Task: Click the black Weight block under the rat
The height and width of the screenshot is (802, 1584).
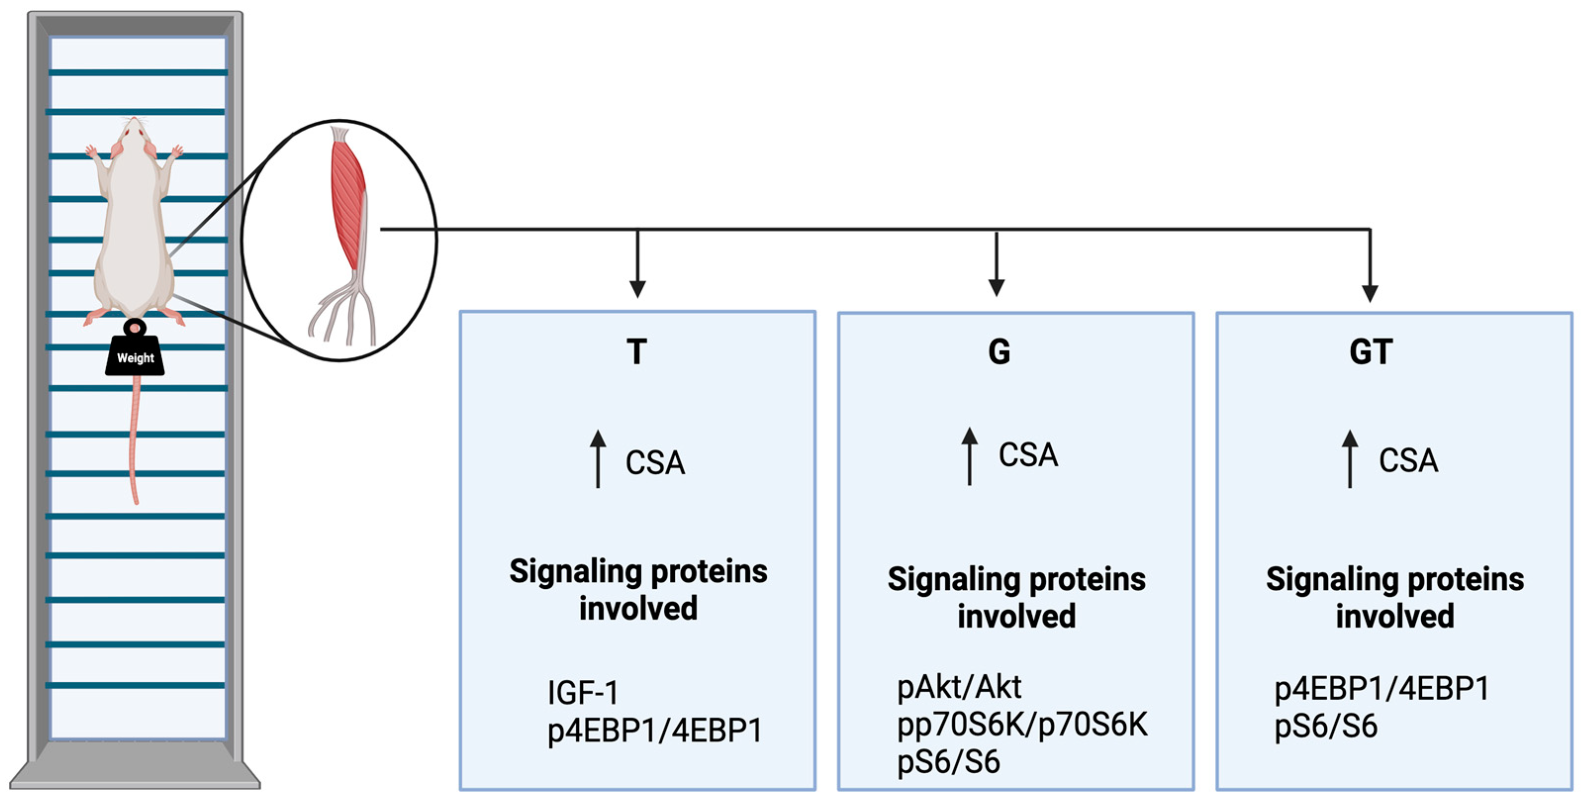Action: tap(135, 357)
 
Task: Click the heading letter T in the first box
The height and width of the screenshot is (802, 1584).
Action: tap(637, 352)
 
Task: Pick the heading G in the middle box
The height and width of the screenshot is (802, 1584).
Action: tap(999, 352)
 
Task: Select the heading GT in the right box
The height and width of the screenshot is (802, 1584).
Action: tap(1371, 352)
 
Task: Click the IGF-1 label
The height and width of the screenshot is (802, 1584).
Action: tap(583, 693)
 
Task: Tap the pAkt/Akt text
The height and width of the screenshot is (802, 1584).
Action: tap(959, 687)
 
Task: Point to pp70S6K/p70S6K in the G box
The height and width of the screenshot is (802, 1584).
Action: tap(1022, 724)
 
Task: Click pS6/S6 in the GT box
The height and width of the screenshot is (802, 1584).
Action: tap(1325, 726)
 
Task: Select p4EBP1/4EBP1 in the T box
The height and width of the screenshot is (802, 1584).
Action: tap(655, 731)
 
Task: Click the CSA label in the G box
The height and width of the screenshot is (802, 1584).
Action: tap(1028, 455)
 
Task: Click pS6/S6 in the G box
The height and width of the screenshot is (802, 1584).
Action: tap(948, 762)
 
